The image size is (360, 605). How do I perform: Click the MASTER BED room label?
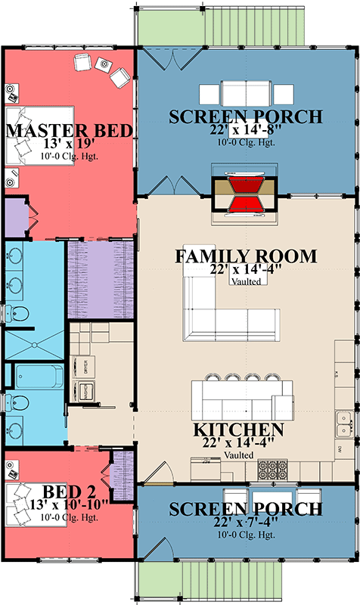[70, 130]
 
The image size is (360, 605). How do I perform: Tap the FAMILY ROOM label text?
[246, 256]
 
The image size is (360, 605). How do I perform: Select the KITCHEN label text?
[239, 430]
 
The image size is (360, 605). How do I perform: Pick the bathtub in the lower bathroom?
[40, 376]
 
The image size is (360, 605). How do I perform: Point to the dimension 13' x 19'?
[70, 144]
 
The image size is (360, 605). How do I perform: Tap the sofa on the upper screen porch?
[245, 95]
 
